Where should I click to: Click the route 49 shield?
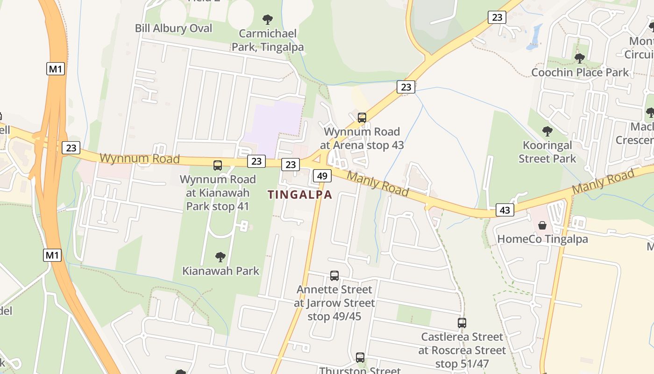click(x=322, y=176)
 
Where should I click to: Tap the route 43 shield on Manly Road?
click(x=505, y=210)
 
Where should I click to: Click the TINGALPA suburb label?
click(x=300, y=195)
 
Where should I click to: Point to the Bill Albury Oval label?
click(x=173, y=28)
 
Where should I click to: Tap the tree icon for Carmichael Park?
click(x=268, y=20)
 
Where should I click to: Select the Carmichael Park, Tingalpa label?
click(x=268, y=40)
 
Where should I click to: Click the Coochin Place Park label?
click(x=580, y=72)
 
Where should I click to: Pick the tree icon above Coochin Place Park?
click(x=579, y=58)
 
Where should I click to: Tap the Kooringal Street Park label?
click(x=547, y=152)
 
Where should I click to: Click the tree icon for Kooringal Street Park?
click(x=547, y=131)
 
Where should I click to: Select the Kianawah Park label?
click(x=220, y=271)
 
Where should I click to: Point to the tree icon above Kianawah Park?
click(x=220, y=257)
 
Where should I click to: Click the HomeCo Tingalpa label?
click(x=542, y=239)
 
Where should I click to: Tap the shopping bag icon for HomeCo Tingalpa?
click(x=542, y=225)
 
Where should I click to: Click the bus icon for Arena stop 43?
click(x=362, y=118)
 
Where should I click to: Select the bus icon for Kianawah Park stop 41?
click(x=218, y=165)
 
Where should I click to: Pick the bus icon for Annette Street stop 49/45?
click(x=334, y=276)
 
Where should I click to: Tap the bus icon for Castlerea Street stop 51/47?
click(x=462, y=323)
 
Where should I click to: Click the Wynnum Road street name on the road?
click(x=140, y=158)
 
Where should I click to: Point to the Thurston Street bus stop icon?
click(x=360, y=358)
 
